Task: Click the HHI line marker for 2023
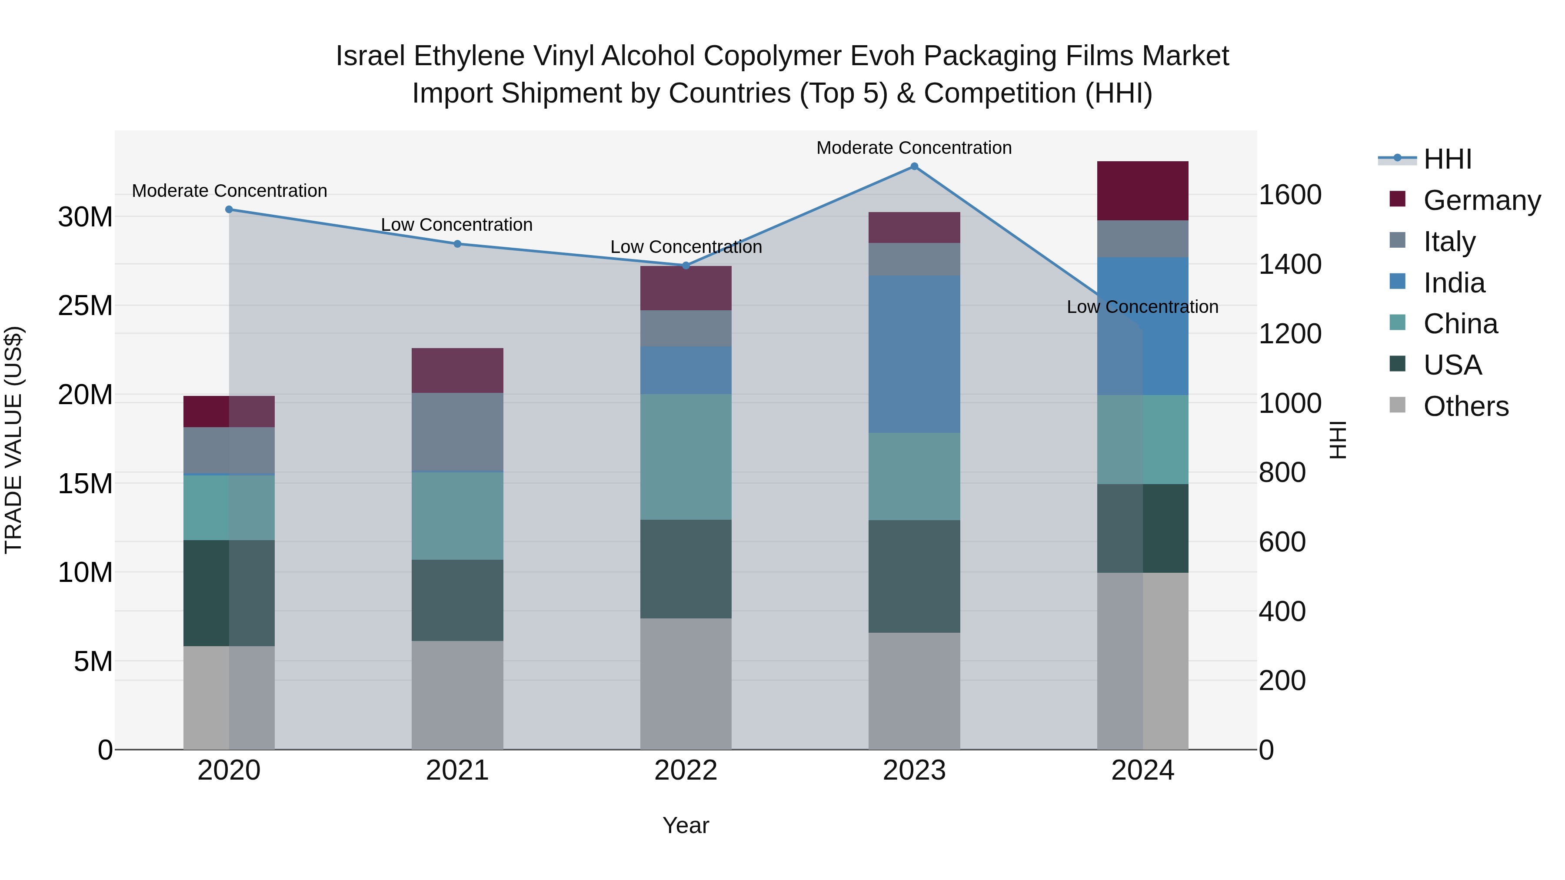coord(914,166)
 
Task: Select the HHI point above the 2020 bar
coord(229,209)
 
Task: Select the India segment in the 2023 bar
coord(914,354)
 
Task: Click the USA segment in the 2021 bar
coord(457,600)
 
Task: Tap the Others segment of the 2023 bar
coord(914,691)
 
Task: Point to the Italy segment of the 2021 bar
coord(457,432)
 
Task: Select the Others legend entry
coord(1465,406)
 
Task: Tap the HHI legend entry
coord(1447,159)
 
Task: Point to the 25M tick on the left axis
coord(85,306)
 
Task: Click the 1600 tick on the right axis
coord(1290,195)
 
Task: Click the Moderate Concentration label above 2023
coord(914,148)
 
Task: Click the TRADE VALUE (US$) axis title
coord(13,440)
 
